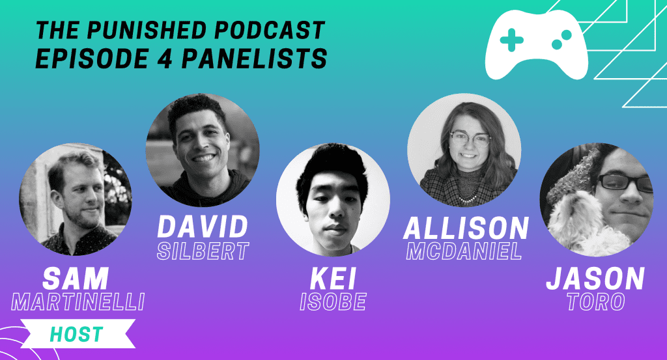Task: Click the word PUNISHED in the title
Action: click(x=146, y=30)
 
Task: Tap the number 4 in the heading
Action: click(x=163, y=58)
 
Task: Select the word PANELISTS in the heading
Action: click(x=254, y=58)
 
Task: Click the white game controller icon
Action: click(x=537, y=45)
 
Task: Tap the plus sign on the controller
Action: click(x=512, y=40)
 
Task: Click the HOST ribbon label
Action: click(x=77, y=334)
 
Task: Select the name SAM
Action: click(x=76, y=279)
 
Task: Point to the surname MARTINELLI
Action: click(x=78, y=302)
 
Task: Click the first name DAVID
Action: click(x=203, y=227)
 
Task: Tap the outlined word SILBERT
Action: click(x=203, y=251)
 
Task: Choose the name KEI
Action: click(x=333, y=279)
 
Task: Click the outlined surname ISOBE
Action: click(x=333, y=302)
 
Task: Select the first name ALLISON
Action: click(x=466, y=228)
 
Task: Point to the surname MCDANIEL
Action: click(x=464, y=251)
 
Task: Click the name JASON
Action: click(x=595, y=279)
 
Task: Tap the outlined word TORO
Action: click(x=596, y=302)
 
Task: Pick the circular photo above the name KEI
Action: click(x=333, y=200)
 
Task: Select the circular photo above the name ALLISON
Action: click(x=464, y=150)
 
